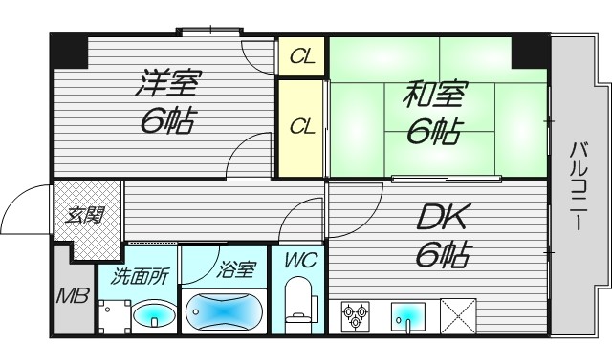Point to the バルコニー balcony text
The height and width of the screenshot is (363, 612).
click(x=578, y=187)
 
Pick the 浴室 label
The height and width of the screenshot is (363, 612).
click(x=234, y=270)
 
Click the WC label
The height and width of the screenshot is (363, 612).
click(x=298, y=260)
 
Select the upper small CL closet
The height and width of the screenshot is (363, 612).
click(x=302, y=56)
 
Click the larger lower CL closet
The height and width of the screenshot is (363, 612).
click(x=302, y=125)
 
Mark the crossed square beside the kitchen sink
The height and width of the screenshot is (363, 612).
click(x=457, y=314)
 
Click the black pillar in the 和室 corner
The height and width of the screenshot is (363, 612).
click(x=530, y=53)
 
